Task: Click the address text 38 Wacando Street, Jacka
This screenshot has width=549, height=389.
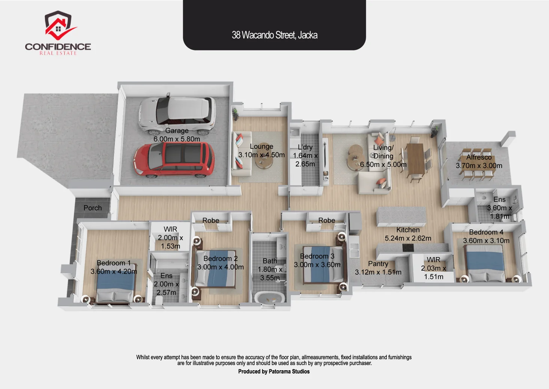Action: pyautogui.click(x=274, y=35)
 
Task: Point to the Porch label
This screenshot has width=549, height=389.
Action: pyautogui.click(x=93, y=208)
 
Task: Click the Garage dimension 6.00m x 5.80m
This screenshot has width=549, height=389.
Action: pyautogui.click(x=177, y=139)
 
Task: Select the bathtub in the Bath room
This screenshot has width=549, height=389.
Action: pyautogui.click(x=270, y=298)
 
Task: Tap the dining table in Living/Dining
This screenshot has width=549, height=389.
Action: pyautogui.click(x=416, y=159)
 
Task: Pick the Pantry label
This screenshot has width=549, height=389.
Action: pyautogui.click(x=378, y=264)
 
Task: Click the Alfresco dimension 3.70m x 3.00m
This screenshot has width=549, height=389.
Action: pyautogui.click(x=479, y=165)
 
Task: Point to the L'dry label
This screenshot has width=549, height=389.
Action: pyautogui.click(x=305, y=147)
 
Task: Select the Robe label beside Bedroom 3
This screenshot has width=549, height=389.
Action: pyautogui.click(x=327, y=220)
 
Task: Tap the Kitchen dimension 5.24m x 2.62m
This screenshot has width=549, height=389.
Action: pyautogui.click(x=408, y=238)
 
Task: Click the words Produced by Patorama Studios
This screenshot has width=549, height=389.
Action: pyautogui.click(x=274, y=371)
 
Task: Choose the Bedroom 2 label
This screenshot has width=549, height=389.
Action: pyautogui.click(x=220, y=258)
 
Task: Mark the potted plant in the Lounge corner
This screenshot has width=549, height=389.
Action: pyautogui.click(x=235, y=114)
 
